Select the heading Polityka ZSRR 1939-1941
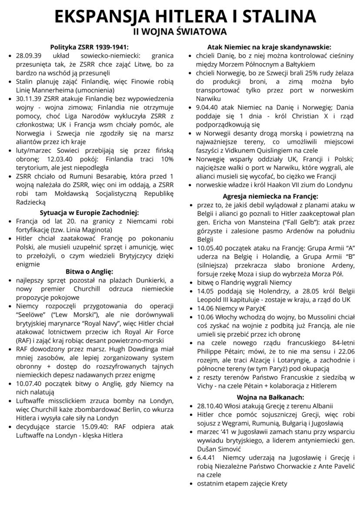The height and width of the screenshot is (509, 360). click(89, 47)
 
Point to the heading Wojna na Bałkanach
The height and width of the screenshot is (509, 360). click(270, 397)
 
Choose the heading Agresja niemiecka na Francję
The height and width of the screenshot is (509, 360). click(270, 196)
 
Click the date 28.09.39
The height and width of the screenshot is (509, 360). click(28, 56)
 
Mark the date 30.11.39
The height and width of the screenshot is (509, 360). click(28, 99)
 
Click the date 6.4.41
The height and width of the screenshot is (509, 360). click(207, 457)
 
